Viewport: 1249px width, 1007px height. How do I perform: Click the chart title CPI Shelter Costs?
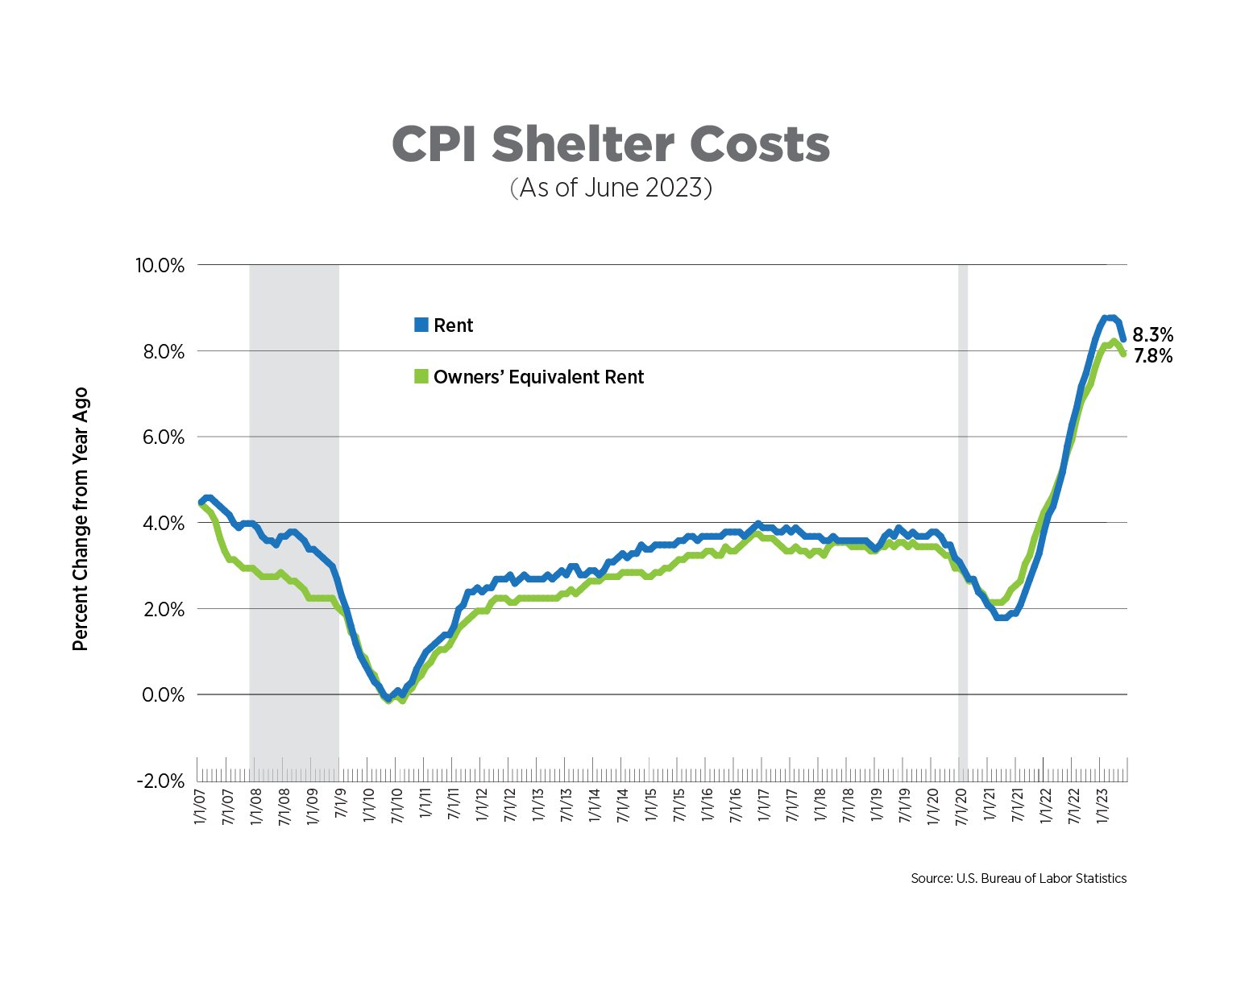coord(610,145)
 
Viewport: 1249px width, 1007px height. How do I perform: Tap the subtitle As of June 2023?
coord(610,188)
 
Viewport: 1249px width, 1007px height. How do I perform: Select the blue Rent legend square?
coord(421,325)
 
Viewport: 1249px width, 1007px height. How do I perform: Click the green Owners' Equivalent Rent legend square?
coord(421,376)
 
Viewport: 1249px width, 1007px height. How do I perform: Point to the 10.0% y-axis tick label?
coord(159,265)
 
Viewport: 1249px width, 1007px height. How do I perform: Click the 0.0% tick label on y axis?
coord(163,694)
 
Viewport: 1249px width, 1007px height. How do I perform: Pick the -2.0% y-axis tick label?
coord(160,781)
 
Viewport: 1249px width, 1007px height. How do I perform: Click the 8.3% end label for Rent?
coord(1152,335)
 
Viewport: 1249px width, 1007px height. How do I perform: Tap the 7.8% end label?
coord(1152,356)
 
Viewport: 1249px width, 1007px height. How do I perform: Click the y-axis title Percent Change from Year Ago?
coord(80,520)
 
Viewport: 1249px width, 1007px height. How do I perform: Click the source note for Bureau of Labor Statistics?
coord(1018,878)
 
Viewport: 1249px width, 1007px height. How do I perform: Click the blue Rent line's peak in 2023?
coord(1109,317)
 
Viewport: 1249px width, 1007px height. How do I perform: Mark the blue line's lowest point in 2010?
coord(388,698)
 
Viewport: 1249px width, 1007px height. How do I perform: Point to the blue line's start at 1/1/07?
coord(201,502)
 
